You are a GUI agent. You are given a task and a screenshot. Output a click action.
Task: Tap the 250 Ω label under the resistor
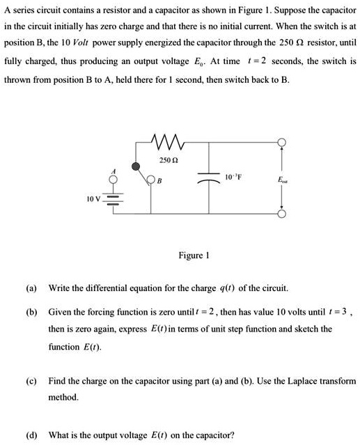tap(166, 160)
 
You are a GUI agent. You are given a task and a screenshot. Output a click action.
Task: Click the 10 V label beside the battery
tap(94, 198)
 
